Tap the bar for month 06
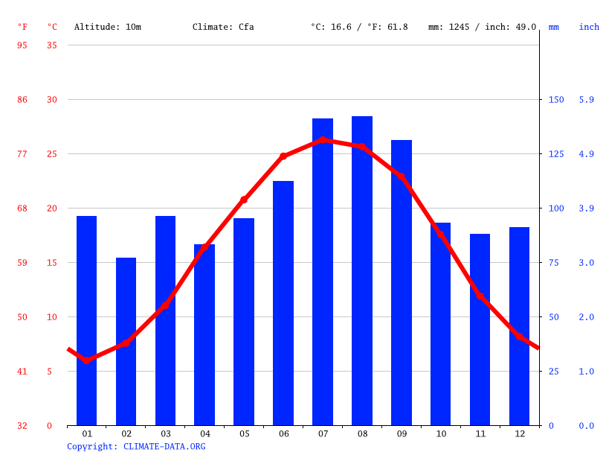(x=283, y=303)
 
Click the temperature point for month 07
(x=323, y=139)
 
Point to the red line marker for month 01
(x=87, y=360)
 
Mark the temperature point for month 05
(x=244, y=200)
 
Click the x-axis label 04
(x=204, y=433)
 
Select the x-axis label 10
(x=441, y=433)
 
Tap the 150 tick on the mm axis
(x=555, y=100)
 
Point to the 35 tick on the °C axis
(x=51, y=45)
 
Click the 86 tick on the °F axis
(x=22, y=100)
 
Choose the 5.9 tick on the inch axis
(x=587, y=100)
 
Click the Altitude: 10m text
(x=107, y=27)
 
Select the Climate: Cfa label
(x=223, y=27)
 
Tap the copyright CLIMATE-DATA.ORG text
(x=136, y=447)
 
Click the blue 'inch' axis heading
(x=589, y=27)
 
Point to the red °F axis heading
(x=22, y=27)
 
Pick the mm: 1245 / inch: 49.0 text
(x=482, y=27)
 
